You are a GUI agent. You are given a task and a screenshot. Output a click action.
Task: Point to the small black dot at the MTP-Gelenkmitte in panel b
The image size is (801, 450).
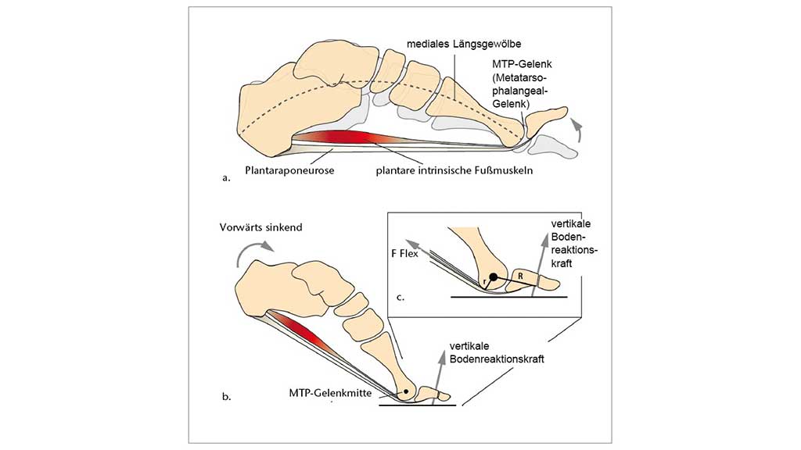tap(406, 388)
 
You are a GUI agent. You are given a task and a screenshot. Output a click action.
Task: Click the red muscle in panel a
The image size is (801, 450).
tap(344, 138)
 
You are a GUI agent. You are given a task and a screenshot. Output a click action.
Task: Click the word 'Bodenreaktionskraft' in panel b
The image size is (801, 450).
tap(496, 360)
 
